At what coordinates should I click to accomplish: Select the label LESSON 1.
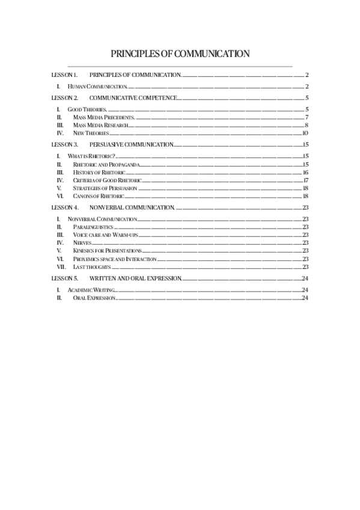click(x=64, y=75)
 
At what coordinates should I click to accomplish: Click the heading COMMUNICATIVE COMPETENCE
click(x=133, y=97)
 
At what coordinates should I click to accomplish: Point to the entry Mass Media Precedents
click(x=103, y=117)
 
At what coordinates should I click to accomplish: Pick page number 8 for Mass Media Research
click(x=307, y=125)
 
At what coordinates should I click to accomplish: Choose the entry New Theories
click(x=91, y=133)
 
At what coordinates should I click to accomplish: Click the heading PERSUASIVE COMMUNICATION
click(x=131, y=145)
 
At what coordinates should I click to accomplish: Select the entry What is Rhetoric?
click(x=91, y=156)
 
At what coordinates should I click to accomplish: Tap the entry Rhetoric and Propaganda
click(x=106, y=164)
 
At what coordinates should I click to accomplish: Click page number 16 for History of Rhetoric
click(x=306, y=173)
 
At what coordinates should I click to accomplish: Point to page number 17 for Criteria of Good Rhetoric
click(x=306, y=180)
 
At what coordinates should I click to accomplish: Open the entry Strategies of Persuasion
click(x=105, y=188)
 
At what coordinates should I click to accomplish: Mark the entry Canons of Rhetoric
click(x=98, y=196)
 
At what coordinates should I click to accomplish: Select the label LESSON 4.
click(x=64, y=207)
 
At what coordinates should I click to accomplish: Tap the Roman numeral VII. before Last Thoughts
click(x=61, y=266)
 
